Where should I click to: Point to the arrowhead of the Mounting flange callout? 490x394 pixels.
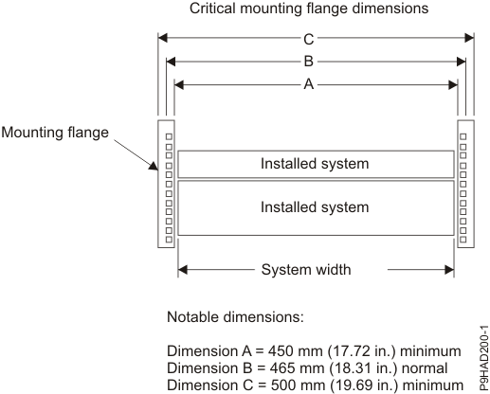[x=152, y=171]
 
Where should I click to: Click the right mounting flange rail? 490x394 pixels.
[x=463, y=183]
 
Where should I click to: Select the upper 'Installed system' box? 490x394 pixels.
[x=314, y=164]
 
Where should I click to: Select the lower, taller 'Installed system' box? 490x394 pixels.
[x=314, y=206]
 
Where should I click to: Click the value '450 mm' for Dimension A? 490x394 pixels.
[x=284, y=351]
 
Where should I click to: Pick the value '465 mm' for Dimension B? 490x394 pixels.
[x=284, y=367]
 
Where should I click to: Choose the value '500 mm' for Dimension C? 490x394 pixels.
[x=285, y=384]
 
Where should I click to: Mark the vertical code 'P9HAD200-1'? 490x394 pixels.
[x=480, y=343]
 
